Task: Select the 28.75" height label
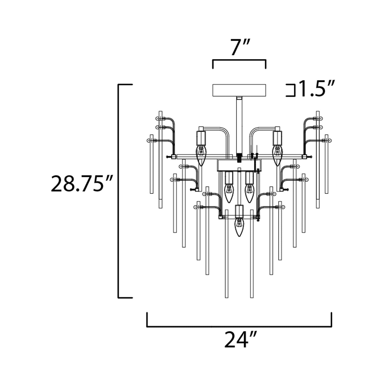click(81, 184)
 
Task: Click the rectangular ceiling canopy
click(239, 90)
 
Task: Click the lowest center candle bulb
click(239, 227)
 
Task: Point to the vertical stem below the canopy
click(239, 126)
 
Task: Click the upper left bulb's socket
click(201, 137)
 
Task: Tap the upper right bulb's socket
click(277, 137)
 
